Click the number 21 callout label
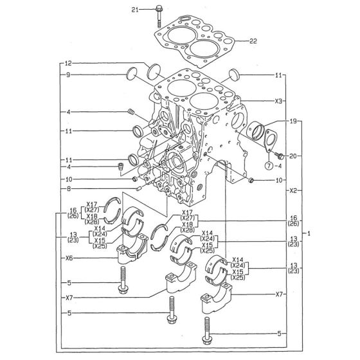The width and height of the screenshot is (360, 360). [135, 10]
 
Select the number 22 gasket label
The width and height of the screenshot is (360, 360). [253, 41]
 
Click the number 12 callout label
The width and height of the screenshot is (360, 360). [68, 63]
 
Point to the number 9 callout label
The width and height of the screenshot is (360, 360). [68, 75]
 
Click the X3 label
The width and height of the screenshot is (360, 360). [278, 101]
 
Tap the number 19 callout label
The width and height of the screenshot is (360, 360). [293, 121]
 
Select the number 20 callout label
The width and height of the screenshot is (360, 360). [293, 156]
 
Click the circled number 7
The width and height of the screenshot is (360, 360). [269, 165]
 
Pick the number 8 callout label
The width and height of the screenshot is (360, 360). [69, 189]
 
